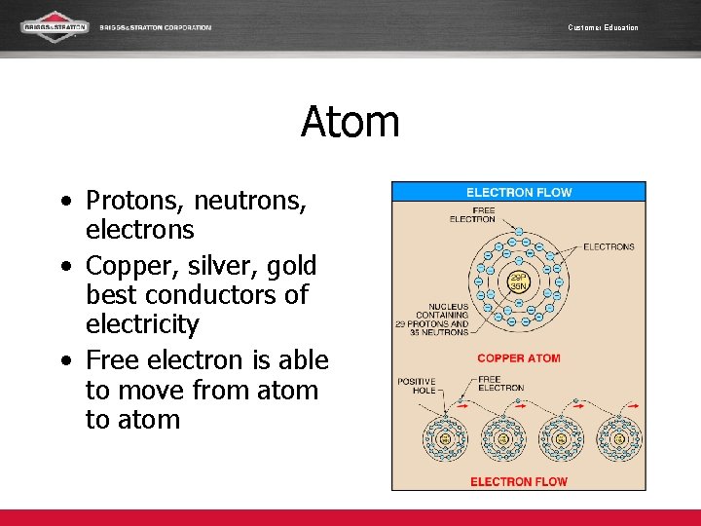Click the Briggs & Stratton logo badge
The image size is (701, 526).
[55, 26]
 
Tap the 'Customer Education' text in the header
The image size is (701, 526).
[603, 27]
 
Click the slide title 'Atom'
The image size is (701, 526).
[350, 123]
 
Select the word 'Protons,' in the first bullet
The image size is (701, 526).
[135, 201]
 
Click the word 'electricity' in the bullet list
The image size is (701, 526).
[142, 324]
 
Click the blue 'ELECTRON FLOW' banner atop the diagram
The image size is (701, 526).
[518, 192]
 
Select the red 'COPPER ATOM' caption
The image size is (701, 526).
[518, 358]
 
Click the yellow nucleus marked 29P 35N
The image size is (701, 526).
[519, 282]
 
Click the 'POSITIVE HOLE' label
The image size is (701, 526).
[417, 386]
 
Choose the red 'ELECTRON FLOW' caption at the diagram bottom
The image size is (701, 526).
[518, 481]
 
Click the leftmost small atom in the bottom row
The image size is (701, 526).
[445, 439]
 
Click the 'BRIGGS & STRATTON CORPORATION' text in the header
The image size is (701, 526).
[155, 27]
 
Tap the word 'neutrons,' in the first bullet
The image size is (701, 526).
[250, 201]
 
